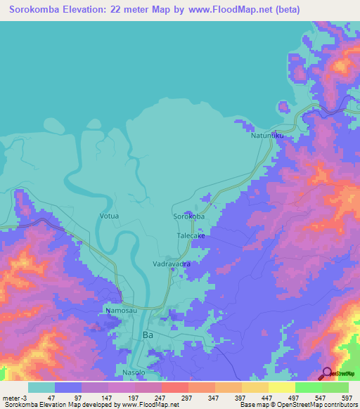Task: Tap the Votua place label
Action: pyautogui.click(x=109, y=216)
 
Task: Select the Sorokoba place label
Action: pyautogui.click(x=189, y=216)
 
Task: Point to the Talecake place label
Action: pyautogui.click(x=191, y=236)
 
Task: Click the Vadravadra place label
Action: pyautogui.click(x=172, y=264)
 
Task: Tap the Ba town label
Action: pyautogui.click(x=147, y=335)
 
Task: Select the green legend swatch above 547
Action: pyautogui.click(x=309, y=387)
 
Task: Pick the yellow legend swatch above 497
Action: pyautogui.click(x=282, y=387)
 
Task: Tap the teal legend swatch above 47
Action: pyautogui.click(x=41, y=387)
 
